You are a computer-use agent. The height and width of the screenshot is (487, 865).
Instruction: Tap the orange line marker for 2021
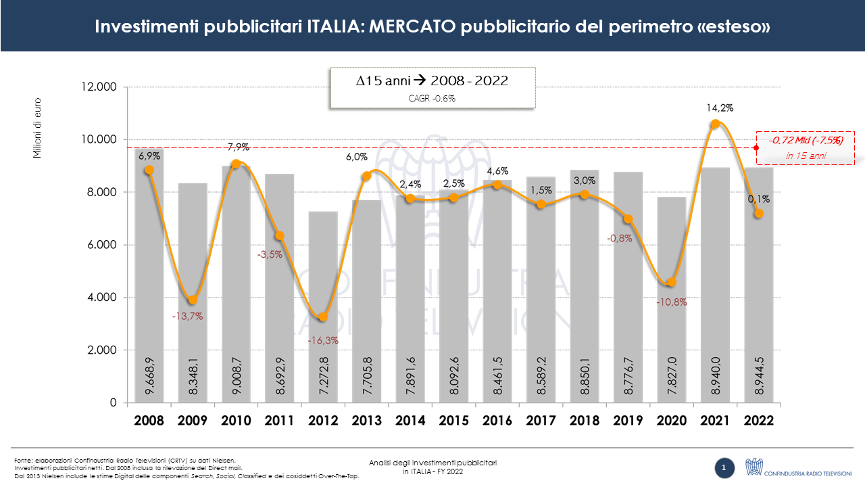[x=715, y=124]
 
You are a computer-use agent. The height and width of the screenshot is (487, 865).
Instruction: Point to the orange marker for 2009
[x=193, y=300]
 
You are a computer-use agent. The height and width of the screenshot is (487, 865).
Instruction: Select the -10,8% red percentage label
[x=671, y=302]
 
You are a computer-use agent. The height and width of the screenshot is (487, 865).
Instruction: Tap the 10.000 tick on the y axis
[x=99, y=139]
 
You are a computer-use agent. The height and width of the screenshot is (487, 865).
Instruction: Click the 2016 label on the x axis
[x=497, y=420]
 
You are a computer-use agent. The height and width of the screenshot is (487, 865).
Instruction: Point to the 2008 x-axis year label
[x=149, y=420]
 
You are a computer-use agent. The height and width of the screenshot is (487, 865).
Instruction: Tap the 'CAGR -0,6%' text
[x=432, y=98]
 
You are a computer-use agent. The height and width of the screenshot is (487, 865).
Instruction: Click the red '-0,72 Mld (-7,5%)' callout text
[x=806, y=141]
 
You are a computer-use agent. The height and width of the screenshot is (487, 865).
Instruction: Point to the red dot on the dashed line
[x=756, y=147]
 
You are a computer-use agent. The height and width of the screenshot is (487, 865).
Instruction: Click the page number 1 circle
[x=724, y=467]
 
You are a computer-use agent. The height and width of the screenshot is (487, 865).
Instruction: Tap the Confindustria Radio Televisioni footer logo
[x=798, y=467]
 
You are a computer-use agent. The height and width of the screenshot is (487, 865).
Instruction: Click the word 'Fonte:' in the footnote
[x=24, y=461]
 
